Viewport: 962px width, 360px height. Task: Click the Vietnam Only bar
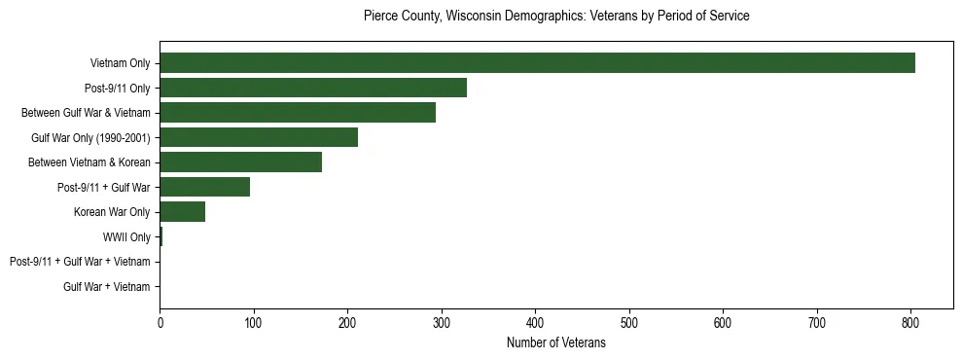pos(537,63)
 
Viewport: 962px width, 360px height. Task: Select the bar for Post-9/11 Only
pos(313,88)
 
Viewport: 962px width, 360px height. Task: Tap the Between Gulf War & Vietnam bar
pos(298,113)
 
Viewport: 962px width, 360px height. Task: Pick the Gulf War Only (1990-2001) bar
pos(259,137)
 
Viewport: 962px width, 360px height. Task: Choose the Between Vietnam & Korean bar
pos(240,162)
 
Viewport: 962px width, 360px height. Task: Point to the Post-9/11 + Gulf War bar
pos(204,187)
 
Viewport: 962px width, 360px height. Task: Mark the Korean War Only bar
pos(182,212)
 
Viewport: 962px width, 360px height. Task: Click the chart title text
pos(555,17)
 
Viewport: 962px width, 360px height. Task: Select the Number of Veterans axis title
pos(555,342)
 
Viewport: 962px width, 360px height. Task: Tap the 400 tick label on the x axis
pos(535,322)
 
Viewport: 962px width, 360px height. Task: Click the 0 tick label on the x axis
pos(160,322)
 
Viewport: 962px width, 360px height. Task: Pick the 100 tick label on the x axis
pos(254,322)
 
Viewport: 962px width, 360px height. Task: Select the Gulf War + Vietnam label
pos(107,287)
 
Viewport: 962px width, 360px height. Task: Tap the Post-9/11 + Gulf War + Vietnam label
pos(80,262)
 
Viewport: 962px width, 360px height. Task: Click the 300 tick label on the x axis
pos(442,322)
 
